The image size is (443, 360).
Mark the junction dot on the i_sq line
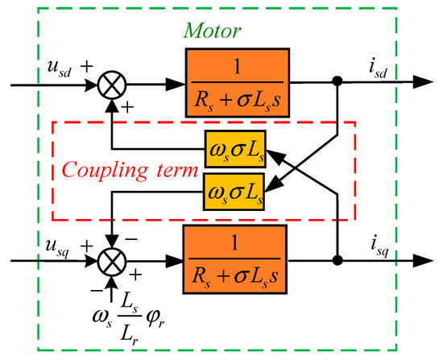pyautogui.click(x=339, y=262)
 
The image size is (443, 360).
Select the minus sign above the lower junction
pyautogui.click(x=130, y=239)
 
